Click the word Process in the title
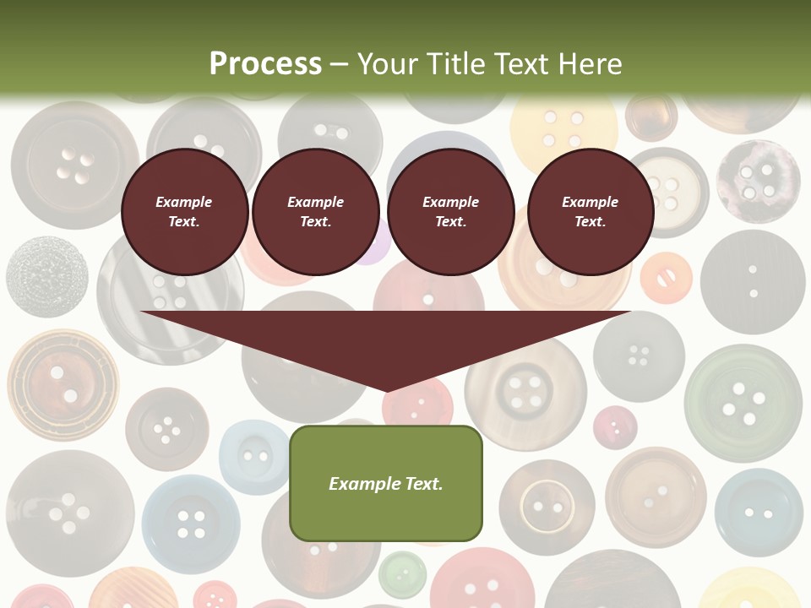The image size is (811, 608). point(265,63)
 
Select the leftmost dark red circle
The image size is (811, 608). point(184,212)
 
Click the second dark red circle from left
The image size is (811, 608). point(315,212)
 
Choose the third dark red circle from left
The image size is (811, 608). point(450,212)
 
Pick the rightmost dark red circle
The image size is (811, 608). point(590,212)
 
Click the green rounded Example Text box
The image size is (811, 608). point(386,483)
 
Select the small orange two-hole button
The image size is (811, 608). point(666,278)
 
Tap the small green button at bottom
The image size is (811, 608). point(402,574)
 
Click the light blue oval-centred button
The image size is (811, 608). point(254,457)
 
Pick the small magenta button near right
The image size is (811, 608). point(615,427)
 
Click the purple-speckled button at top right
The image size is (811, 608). point(758,180)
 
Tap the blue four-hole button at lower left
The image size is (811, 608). point(190,523)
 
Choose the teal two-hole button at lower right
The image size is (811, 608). point(758,512)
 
